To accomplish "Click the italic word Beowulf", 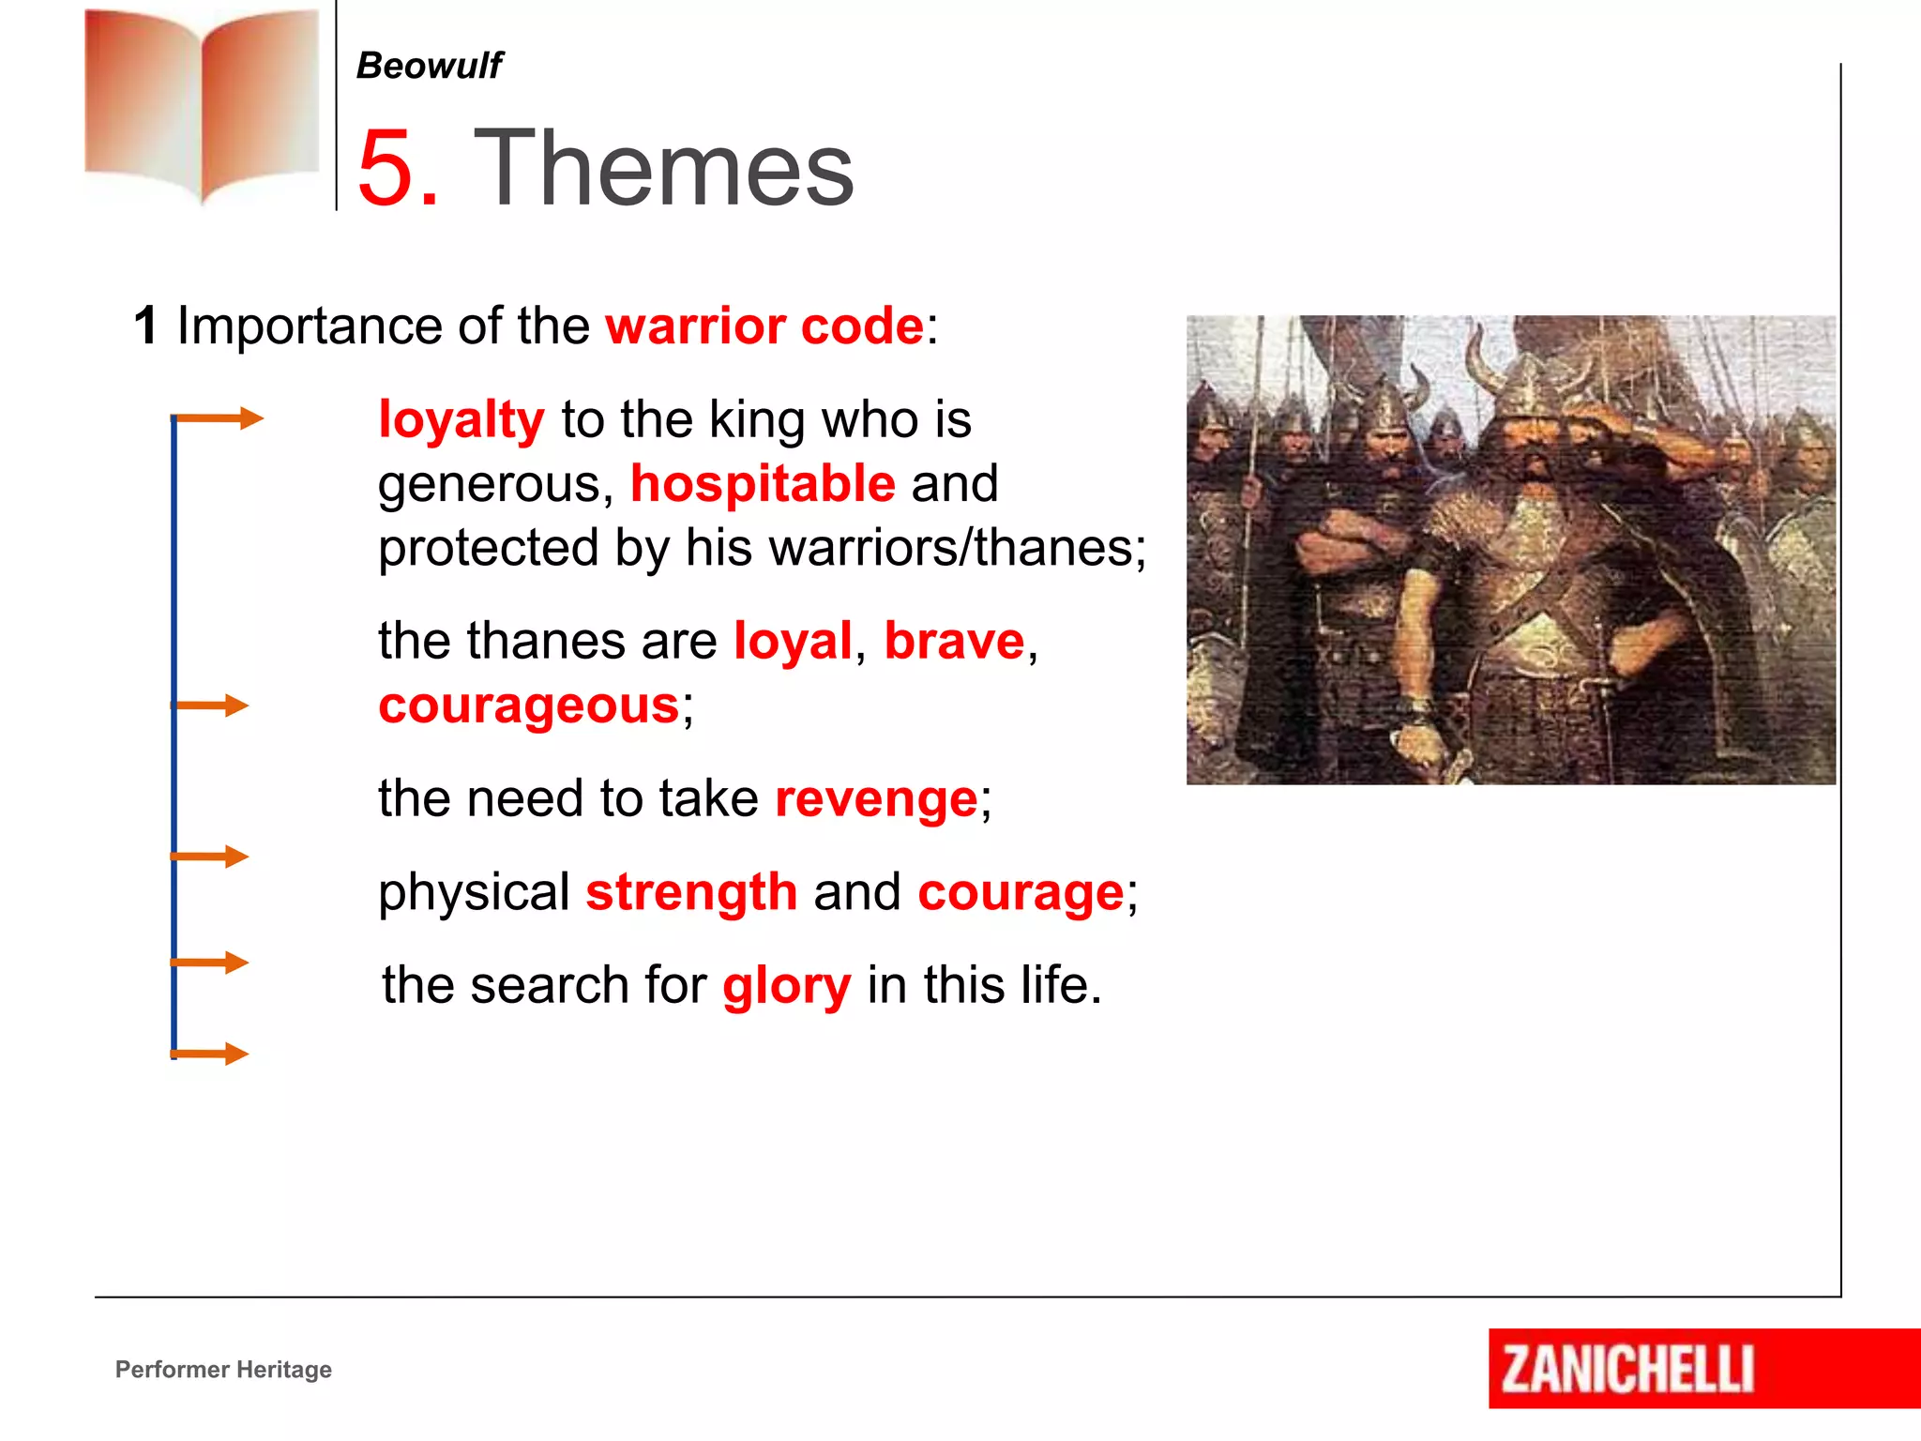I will [429, 66].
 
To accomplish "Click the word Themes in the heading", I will [663, 169].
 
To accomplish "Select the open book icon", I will [202, 103].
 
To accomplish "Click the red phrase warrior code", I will [764, 326].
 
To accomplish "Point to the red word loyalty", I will [461, 419].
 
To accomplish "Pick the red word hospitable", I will [763, 484].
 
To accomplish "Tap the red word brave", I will [954, 642].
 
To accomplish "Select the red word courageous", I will [528, 705].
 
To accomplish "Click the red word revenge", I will [876, 799].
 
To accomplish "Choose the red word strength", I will [691, 892].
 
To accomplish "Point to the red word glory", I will [786, 987].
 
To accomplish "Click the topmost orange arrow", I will [219, 418].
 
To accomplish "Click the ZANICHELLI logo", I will [1627, 1369].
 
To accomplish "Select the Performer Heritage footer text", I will [223, 1370].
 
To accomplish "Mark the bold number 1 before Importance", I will [145, 326].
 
